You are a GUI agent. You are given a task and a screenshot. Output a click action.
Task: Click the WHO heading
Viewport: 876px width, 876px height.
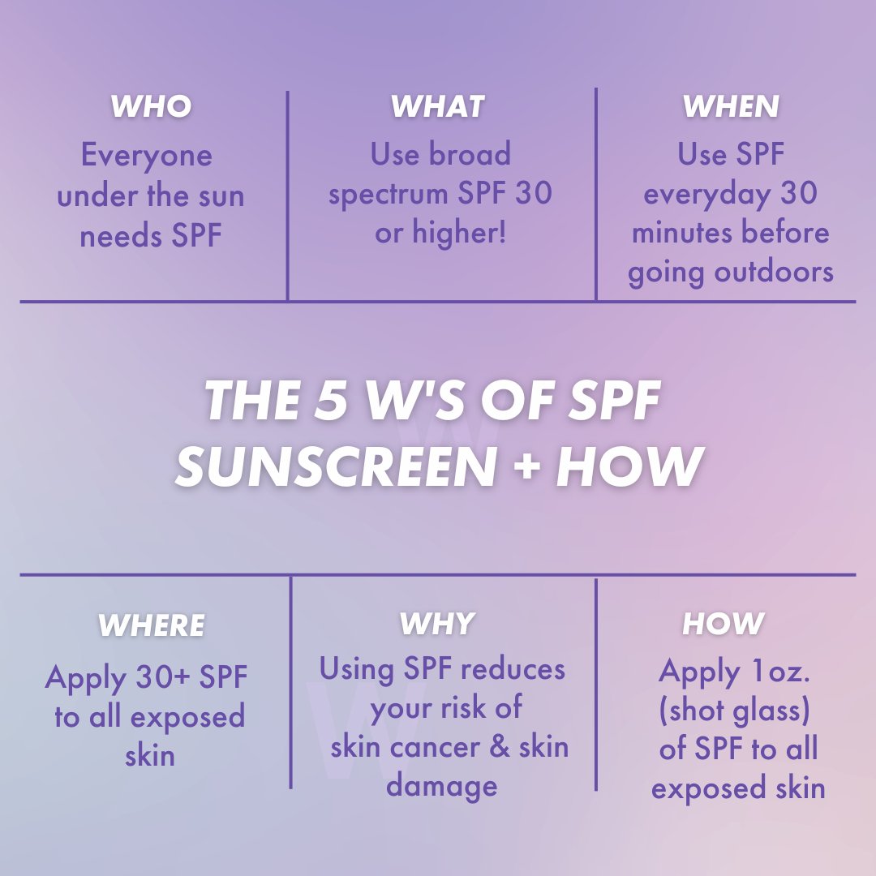pos(151,106)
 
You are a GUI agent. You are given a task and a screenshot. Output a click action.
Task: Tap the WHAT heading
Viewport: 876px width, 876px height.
pos(437,106)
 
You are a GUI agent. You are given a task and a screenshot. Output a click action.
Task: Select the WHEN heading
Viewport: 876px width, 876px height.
pos(731,106)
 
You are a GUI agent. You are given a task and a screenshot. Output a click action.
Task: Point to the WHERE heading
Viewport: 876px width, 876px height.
pos(151,625)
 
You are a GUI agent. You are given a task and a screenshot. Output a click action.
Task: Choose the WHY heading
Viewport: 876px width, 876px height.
pos(437,624)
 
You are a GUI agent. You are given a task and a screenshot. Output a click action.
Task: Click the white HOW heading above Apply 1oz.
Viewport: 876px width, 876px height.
pos(724,624)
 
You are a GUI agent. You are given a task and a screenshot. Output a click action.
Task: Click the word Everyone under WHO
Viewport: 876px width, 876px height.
pos(146,156)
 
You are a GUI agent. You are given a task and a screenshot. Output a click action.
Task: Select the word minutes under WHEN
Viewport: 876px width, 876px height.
pos(678,233)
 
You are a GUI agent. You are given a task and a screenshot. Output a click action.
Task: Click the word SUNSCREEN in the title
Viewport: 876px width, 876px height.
pos(336,468)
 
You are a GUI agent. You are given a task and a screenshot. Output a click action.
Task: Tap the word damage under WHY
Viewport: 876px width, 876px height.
pos(442,785)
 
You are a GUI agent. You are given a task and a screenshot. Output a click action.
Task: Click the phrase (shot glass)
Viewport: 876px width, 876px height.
pos(735,711)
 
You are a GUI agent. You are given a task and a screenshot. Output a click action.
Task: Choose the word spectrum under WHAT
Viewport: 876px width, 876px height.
pos(389,195)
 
